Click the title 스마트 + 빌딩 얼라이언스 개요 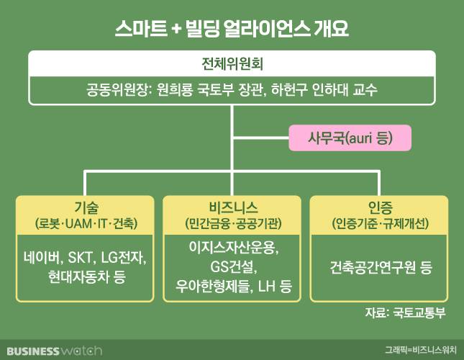(232, 29)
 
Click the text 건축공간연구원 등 (378, 267)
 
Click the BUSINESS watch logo (51, 351)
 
